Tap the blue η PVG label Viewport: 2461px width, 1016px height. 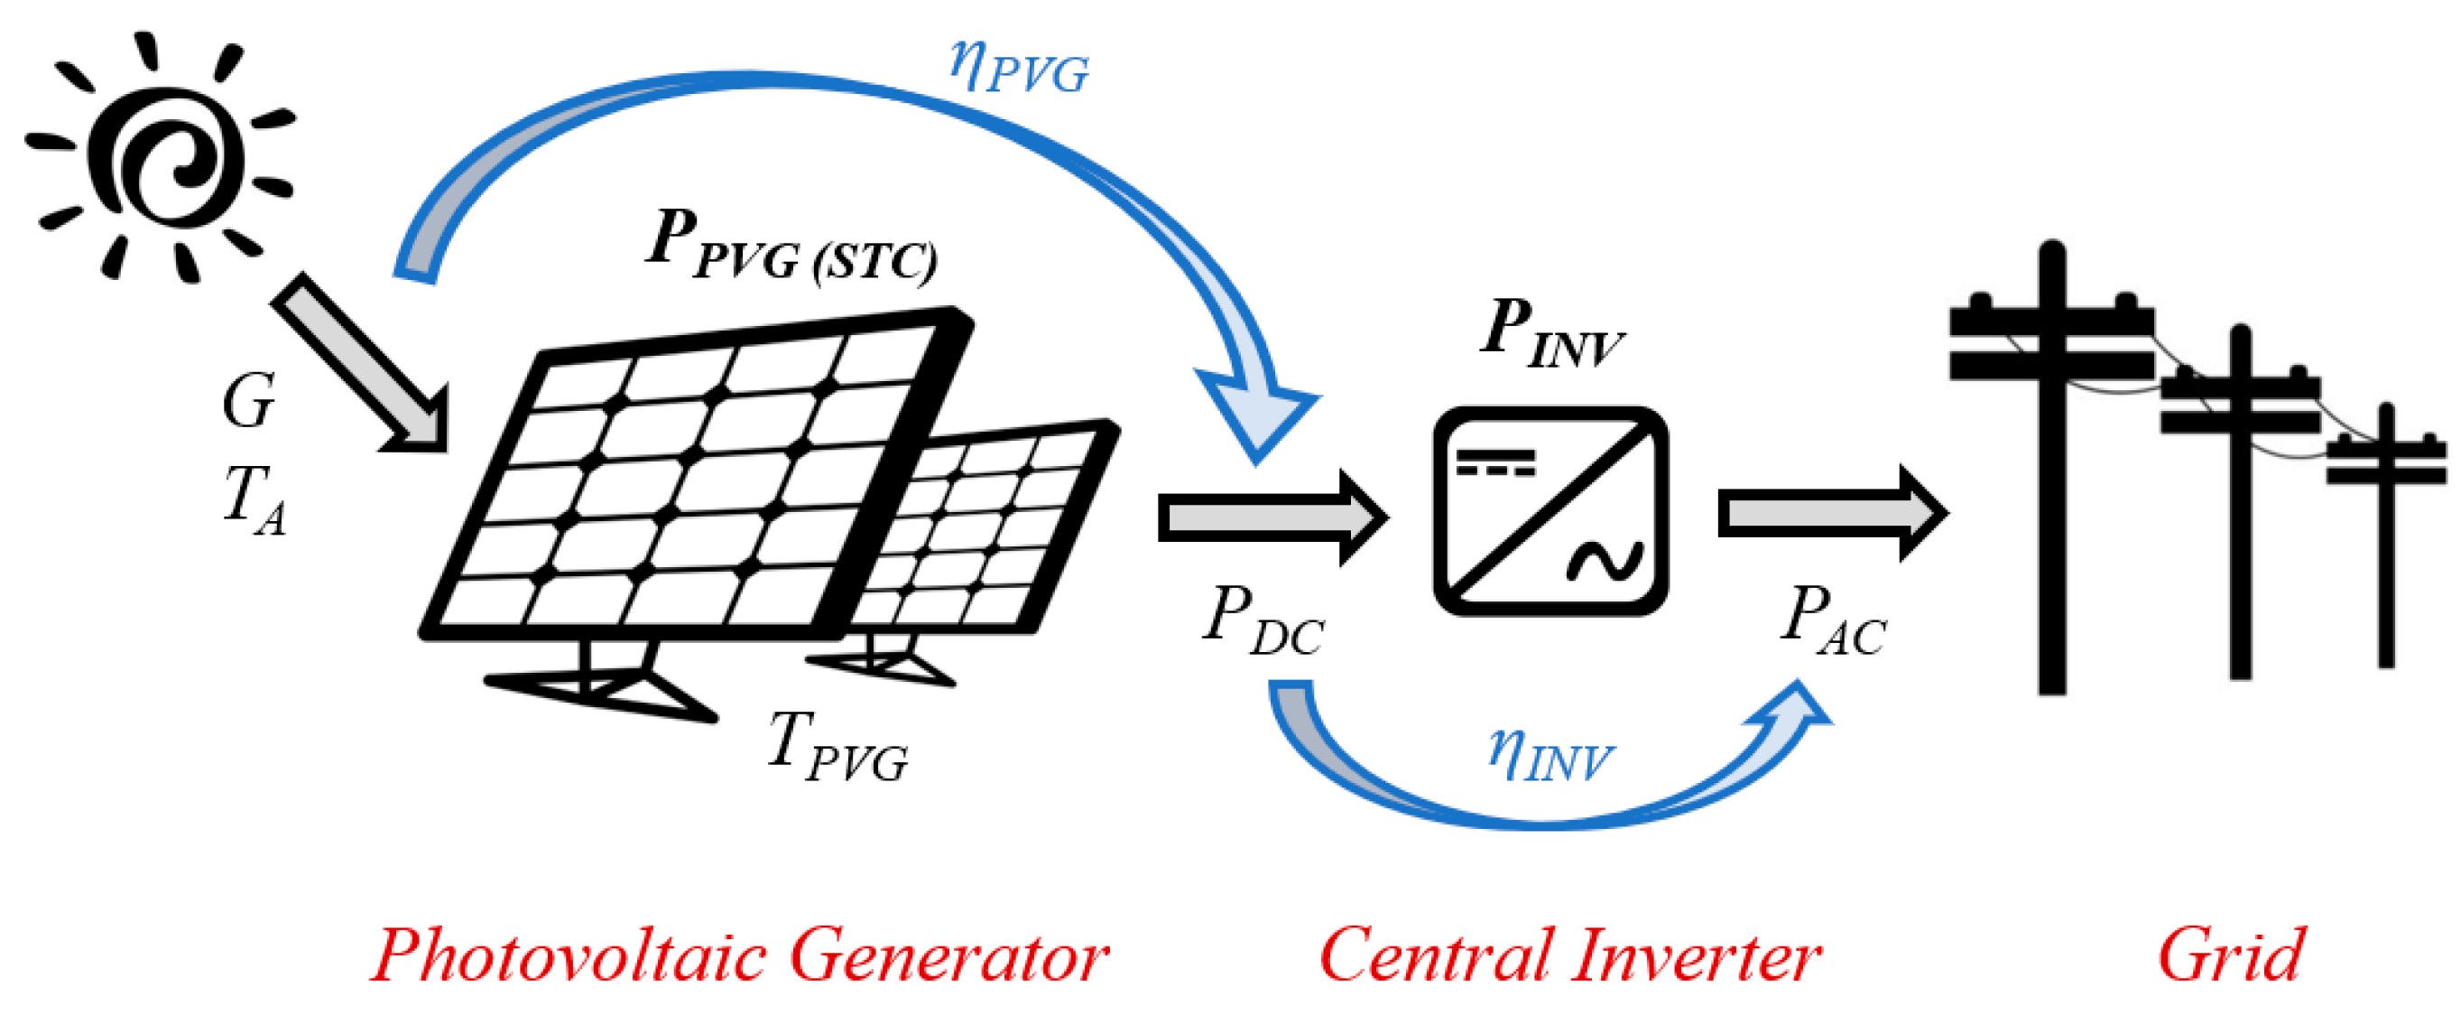pyautogui.click(x=1018, y=67)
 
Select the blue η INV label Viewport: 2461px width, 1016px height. pyautogui.click(x=1550, y=755)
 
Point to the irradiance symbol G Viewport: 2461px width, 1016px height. pyautogui.click(x=248, y=401)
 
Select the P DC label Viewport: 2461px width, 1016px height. pyautogui.click(x=1261, y=621)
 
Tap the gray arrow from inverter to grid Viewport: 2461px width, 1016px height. pyautogui.click(x=1829, y=514)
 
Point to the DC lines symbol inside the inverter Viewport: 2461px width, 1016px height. pyautogui.click(x=1495, y=462)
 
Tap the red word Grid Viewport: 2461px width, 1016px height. pyautogui.click(x=2231, y=955)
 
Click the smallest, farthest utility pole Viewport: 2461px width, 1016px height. pyautogui.click(x=2385, y=536)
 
